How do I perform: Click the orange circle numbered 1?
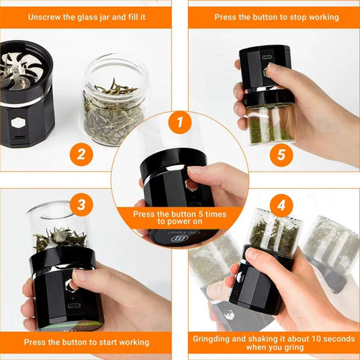point(180,122)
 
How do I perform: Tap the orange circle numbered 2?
point(79,153)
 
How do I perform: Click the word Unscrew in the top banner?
point(42,16)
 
